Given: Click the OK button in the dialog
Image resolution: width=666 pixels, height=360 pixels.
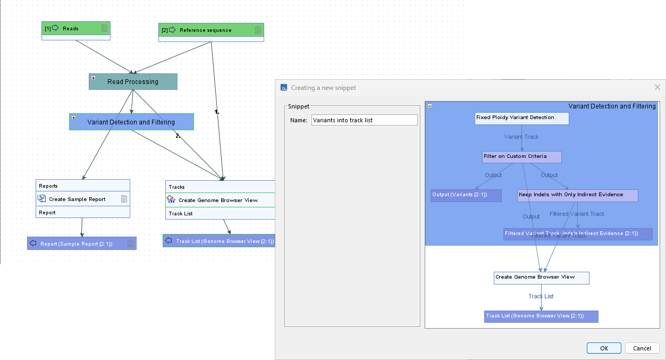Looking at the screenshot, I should click(x=604, y=348).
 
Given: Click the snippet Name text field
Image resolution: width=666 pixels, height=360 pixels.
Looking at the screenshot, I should click(x=364, y=120).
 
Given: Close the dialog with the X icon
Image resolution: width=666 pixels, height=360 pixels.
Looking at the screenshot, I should click(x=657, y=87).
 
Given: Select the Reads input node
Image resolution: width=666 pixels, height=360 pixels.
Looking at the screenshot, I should click(x=75, y=28).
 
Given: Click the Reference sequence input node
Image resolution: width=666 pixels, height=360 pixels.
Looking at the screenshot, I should click(x=211, y=30).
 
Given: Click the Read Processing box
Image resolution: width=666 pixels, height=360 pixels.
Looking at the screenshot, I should click(x=133, y=82).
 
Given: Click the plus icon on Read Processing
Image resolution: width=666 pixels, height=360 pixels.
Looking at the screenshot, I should click(x=94, y=78).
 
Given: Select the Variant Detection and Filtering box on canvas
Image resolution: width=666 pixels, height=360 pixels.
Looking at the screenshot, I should click(x=131, y=122).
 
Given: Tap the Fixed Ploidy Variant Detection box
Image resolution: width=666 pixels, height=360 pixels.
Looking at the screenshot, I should click(x=521, y=118).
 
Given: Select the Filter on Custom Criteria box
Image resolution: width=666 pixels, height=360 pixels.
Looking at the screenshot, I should click(x=521, y=157).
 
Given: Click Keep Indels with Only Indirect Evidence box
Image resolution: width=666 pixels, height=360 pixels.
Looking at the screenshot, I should click(x=577, y=195).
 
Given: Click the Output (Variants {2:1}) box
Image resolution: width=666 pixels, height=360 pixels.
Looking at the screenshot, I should click(x=466, y=195).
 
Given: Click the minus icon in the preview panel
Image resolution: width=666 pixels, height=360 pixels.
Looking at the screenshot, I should click(x=430, y=106).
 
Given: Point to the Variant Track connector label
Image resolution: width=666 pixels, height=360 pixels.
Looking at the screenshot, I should click(x=521, y=137).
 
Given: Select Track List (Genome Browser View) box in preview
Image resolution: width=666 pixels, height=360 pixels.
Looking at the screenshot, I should click(x=541, y=316).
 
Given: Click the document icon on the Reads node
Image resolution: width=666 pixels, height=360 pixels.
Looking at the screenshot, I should click(x=105, y=28).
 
